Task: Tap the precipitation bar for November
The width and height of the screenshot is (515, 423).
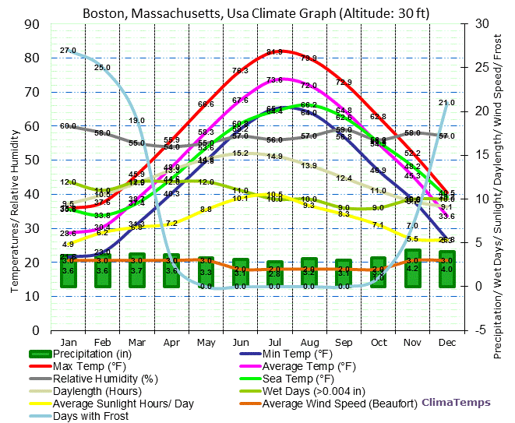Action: [x=412, y=269]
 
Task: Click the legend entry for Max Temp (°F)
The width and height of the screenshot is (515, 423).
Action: [x=90, y=366]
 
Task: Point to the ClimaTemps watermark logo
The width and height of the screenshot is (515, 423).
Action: [x=457, y=403]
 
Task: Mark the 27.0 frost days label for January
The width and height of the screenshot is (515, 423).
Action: [x=68, y=51]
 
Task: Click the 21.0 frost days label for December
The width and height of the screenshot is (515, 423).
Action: [x=446, y=103]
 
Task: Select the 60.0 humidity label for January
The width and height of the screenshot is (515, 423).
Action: [x=68, y=125]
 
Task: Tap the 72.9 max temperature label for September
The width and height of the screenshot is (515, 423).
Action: [x=344, y=82]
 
